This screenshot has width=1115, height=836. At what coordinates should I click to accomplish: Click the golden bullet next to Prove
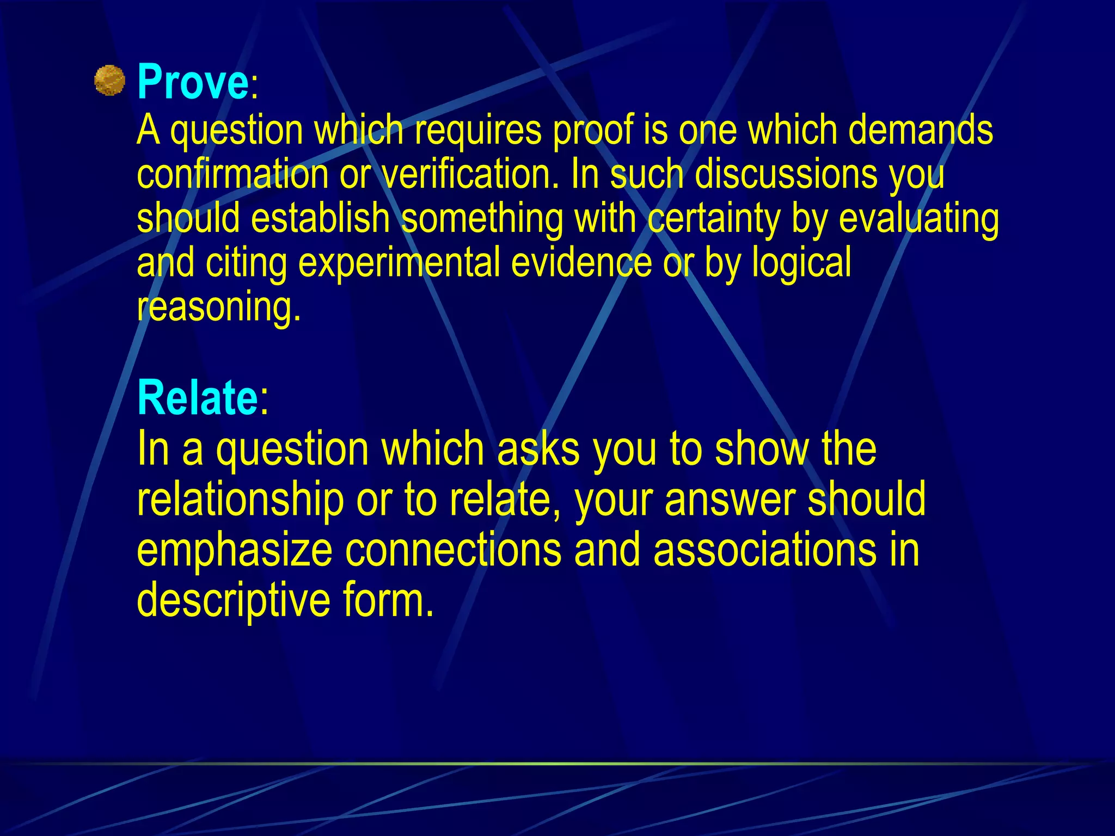point(109,81)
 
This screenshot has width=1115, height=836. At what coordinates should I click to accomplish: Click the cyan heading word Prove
point(193,82)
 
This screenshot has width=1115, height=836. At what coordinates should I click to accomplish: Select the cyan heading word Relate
point(197,398)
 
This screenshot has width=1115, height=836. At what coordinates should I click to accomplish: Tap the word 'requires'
point(478,131)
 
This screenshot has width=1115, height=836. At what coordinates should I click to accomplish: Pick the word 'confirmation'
point(232,174)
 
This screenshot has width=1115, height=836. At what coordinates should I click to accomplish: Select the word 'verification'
point(470,174)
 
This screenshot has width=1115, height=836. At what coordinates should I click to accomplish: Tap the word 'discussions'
point(786,174)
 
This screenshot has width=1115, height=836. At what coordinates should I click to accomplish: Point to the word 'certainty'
point(714,218)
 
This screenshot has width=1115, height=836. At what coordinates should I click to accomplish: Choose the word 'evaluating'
point(918,218)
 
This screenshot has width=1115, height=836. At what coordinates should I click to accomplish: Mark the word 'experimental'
point(399,263)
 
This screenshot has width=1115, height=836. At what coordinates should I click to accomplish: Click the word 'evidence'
point(581,263)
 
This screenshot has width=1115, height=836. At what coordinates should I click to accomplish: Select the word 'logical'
point(801,263)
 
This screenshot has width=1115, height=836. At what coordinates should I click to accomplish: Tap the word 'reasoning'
point(218,307)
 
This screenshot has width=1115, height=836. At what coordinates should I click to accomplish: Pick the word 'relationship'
point(240,500)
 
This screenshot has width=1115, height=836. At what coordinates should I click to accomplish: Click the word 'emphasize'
point(234,550)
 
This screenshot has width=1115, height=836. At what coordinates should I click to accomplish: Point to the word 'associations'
point(764,550)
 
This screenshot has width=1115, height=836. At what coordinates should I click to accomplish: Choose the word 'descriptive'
point(233,600)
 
